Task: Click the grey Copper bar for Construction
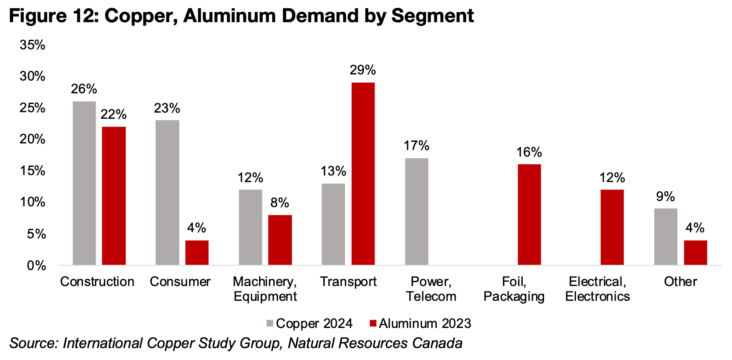point(84,183)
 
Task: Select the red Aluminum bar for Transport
point(363,173)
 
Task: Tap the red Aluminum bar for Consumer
point(197,252)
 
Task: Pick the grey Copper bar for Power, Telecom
point(417,211)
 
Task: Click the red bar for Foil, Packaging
point(529,215)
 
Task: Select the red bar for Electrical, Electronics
point(612,227)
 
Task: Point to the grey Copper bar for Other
point(665,236)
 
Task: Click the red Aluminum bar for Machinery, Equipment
point(280,240)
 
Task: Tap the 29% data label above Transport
point(363,70)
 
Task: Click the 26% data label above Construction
point(84,89)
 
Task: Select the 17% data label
point(416,145)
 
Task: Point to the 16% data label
point(529,152)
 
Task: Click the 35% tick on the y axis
point(32,45)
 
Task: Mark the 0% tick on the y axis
point(36,265)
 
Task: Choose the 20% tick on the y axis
point(32,139)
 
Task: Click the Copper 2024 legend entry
point(309,323)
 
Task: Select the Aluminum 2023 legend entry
point(420,323)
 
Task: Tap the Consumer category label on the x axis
point(180,282)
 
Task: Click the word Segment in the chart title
point(433,16)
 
